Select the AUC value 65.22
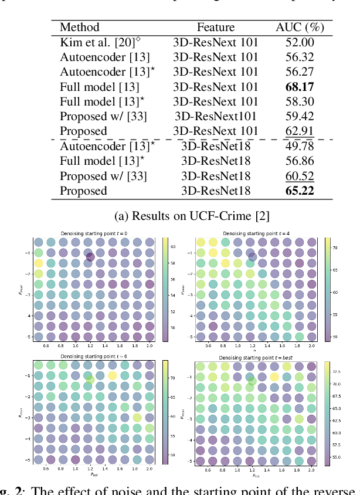[300, 191]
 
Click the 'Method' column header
[80, 27]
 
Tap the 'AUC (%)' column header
[300, 27]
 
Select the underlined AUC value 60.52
[300, 177]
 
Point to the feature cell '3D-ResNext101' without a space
[215, 117]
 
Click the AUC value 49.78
[300, 147]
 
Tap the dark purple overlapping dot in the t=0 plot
[90, 257]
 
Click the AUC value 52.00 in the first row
[300, 42]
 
